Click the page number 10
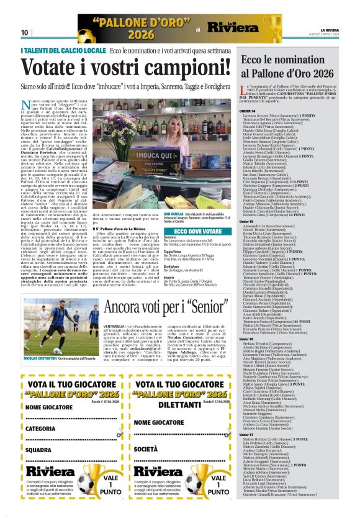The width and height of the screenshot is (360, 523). [x=25, y=32]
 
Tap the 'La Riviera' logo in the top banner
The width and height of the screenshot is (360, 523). [x=233, y=27]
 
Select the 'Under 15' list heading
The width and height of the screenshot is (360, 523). [x=247, y=221]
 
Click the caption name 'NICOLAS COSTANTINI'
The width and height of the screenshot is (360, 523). [x=41, y=358]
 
